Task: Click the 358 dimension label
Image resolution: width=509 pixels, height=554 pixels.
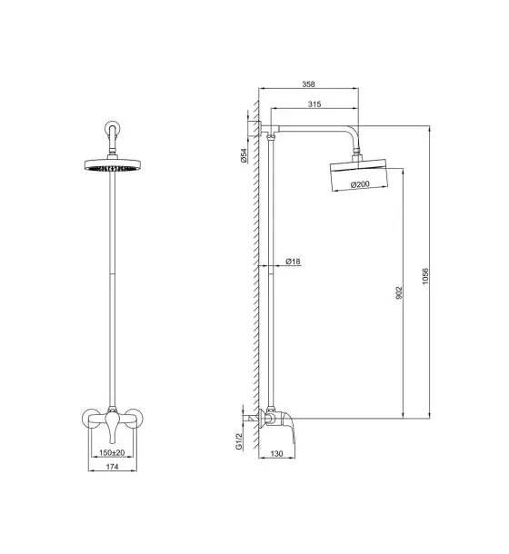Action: coord(308,84)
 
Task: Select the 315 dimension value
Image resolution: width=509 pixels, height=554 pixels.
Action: coord(314,104)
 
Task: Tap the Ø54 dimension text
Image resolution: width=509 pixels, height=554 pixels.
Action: coord(244,155)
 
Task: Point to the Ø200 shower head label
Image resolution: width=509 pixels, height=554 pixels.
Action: coord(360,184)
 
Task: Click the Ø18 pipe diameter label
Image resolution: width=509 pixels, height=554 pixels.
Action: coord(293,262)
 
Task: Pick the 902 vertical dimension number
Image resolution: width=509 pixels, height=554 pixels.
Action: coord(399,293)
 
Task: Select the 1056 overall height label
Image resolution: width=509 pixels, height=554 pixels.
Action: coord(425,276)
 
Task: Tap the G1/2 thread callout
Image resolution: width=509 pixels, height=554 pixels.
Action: coord(239,441)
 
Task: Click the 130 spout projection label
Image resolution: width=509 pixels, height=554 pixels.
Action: coord(276,453)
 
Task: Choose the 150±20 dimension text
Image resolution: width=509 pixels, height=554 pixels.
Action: coord(112,452)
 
